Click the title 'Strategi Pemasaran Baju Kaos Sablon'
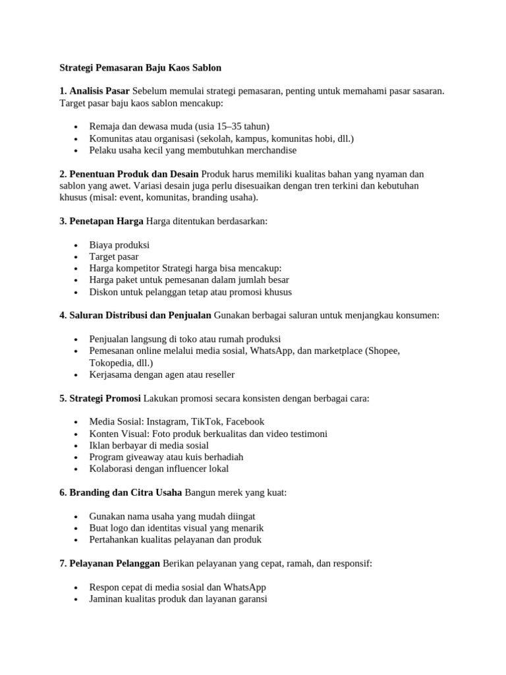click(x=140, y=67)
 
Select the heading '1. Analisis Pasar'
click(x=94, y=91)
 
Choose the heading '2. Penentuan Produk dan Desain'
click(x=128, y=174)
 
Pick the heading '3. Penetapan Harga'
click(x=101, y=221)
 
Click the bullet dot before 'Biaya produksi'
click(x=77, y=245)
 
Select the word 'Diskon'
click(x=103, y=292)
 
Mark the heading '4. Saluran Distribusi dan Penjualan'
click(x=135, y=316)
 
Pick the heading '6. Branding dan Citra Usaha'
click(x=121, y=493)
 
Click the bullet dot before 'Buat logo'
click(x=77, y=529)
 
